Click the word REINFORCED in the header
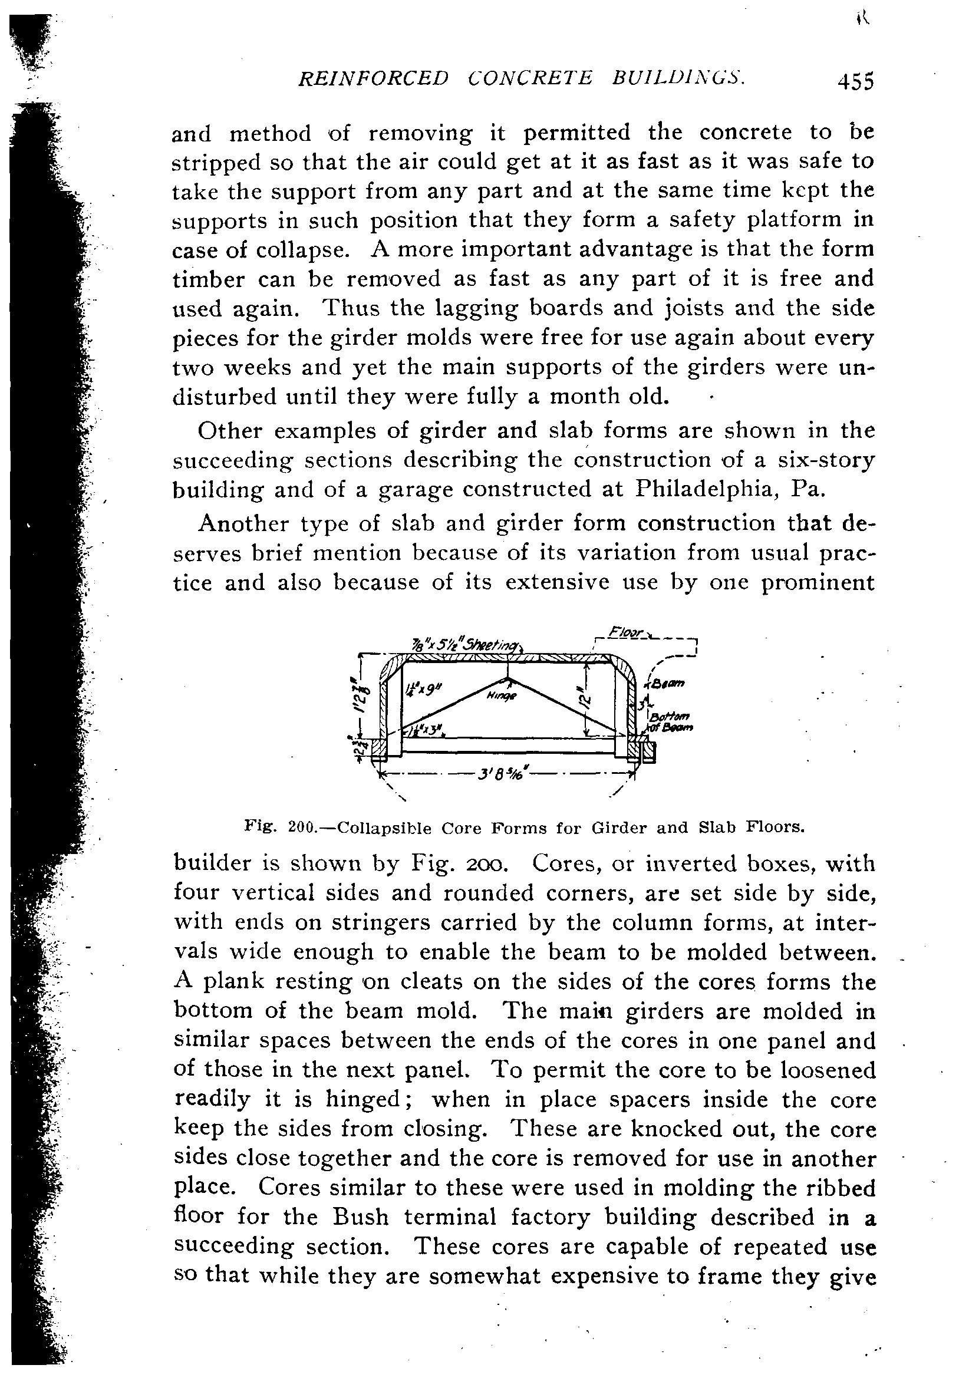click(x=373, y=78)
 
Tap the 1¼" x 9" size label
click(x=424, y=689)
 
